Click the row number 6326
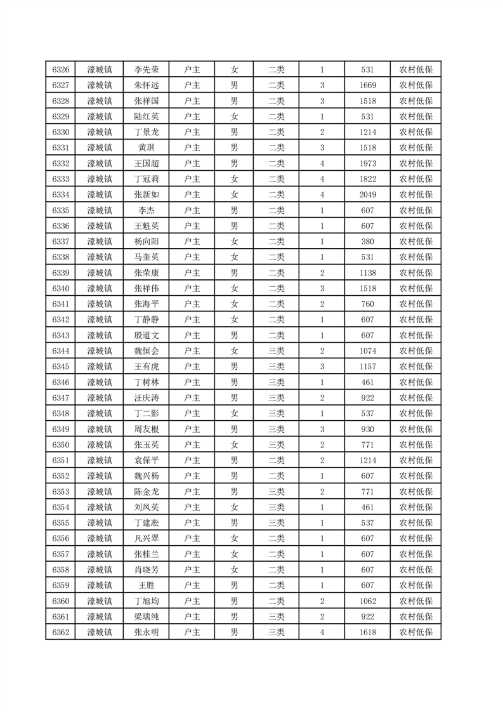pos(60,70)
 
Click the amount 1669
pos(367,86)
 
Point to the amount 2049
pos(367,195)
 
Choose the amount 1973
pos(367,164)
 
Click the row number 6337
pos(60,242)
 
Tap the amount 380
pos(367,242)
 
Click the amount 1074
pos(367,351)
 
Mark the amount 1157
pos(367,366)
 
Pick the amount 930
pos(367,429)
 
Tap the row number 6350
pos(60,444)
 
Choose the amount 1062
pos(367,600)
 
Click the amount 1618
pos(367,632)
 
